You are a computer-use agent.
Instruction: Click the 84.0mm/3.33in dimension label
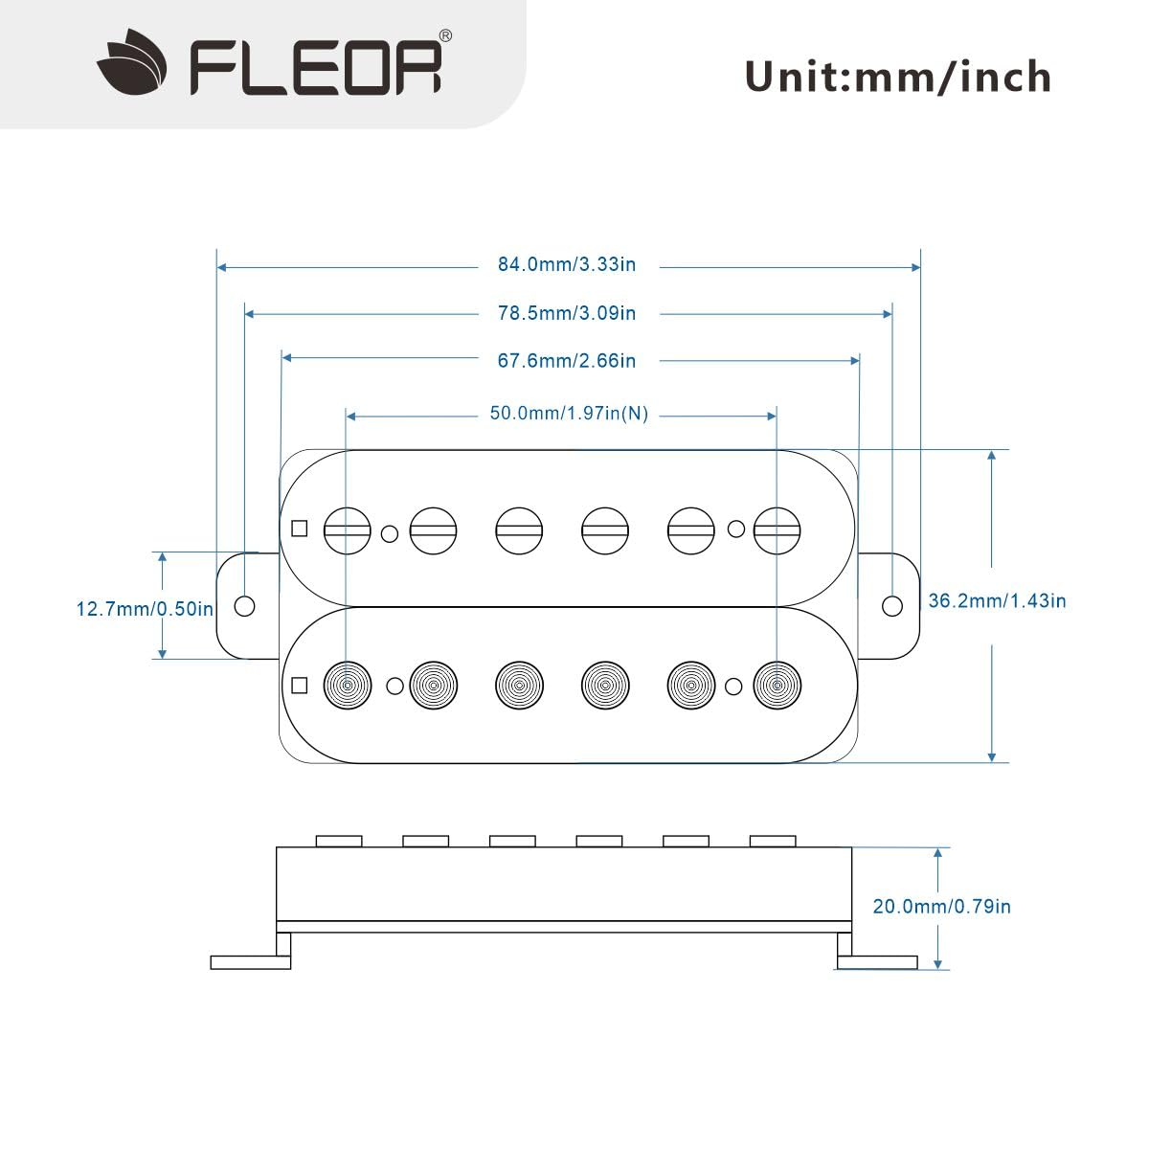pos(567,264)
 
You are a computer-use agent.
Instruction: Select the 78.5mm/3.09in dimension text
pos(567,313)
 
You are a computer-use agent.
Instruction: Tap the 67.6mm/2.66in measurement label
pos(567,361)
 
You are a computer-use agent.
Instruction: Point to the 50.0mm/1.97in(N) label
pos(569,414)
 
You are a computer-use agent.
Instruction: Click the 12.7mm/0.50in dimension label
pos(145,609)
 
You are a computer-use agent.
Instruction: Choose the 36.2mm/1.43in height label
pos(997,600)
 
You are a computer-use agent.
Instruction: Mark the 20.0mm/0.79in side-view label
pos(941,907)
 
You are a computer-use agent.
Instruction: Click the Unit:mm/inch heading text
pos(897,77)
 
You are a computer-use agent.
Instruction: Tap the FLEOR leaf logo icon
pos(131,61)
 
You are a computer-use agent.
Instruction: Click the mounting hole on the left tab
pos(244,606)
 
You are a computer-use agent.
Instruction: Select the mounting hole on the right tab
pos(892,606)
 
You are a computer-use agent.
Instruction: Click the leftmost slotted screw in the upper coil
pos(347,530)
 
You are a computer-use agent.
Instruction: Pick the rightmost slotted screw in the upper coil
pos(777,530)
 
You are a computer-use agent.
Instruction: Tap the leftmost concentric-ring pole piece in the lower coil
pos(347,686)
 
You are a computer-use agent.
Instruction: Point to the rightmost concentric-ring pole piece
pos(777,686)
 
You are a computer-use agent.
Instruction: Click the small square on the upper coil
pos(300,529)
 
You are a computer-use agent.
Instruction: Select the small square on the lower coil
pos(300,686)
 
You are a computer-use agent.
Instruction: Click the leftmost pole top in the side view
pos(339,842)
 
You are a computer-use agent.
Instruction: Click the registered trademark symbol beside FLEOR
pos(445,35)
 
